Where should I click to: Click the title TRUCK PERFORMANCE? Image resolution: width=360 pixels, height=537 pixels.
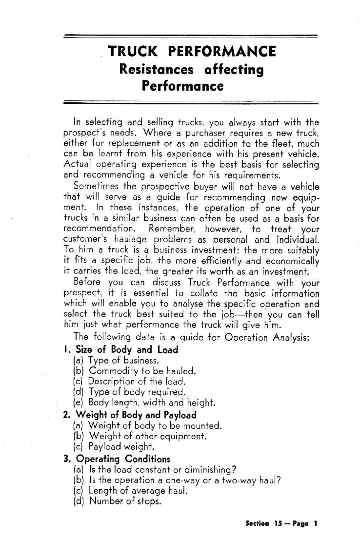[192, 51]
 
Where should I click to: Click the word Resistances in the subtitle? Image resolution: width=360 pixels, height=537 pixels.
[156, 69]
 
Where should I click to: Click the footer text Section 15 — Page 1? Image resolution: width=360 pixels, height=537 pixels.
[281, 523]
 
